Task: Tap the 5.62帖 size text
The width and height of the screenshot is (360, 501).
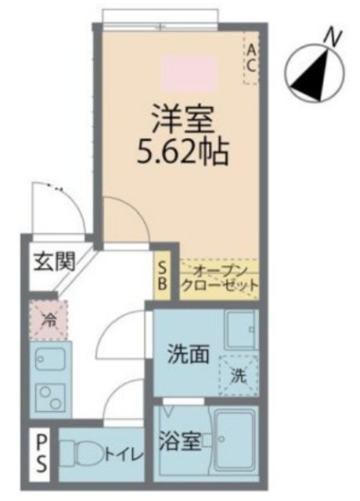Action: click(x=182, y=151)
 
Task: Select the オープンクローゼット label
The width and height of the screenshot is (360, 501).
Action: click(x=219, y=278)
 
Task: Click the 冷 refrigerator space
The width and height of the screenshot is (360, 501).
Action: click(x=49, y=320)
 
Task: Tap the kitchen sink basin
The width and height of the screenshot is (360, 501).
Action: click(x=49, y=362)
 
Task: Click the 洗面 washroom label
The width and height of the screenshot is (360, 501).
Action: click(x=188, y=355)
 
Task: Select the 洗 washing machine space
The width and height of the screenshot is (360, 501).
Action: click(x=238, y=375)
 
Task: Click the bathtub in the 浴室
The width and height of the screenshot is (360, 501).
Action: click(x=235, y=442)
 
